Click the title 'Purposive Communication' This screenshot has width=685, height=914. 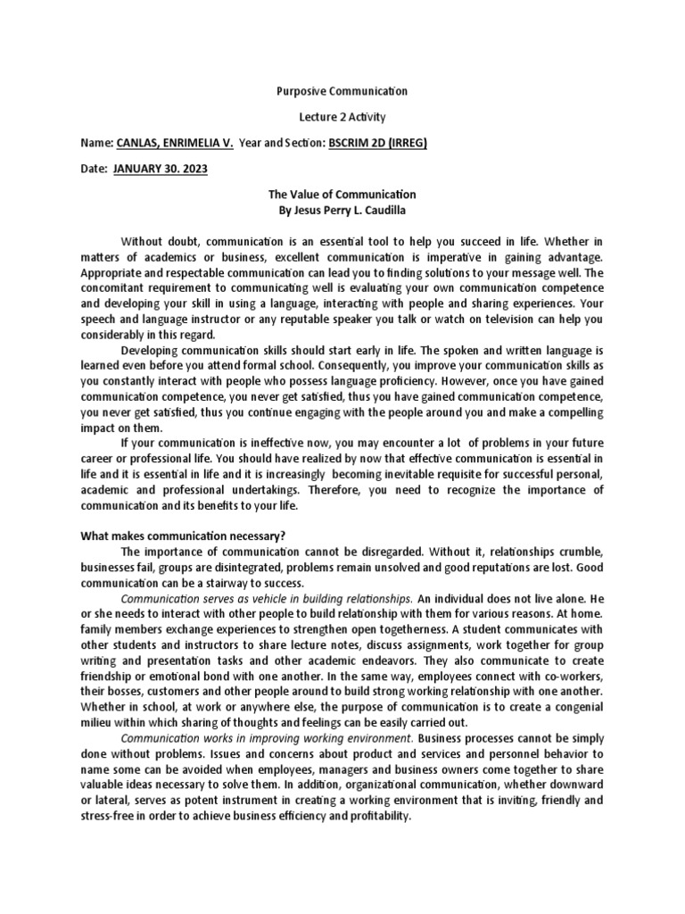[342, 91]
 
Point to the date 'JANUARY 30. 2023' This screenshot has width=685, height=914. [161, 169]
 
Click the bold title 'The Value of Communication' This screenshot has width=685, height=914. [342, 195]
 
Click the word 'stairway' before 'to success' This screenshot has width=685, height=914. [209, 582]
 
